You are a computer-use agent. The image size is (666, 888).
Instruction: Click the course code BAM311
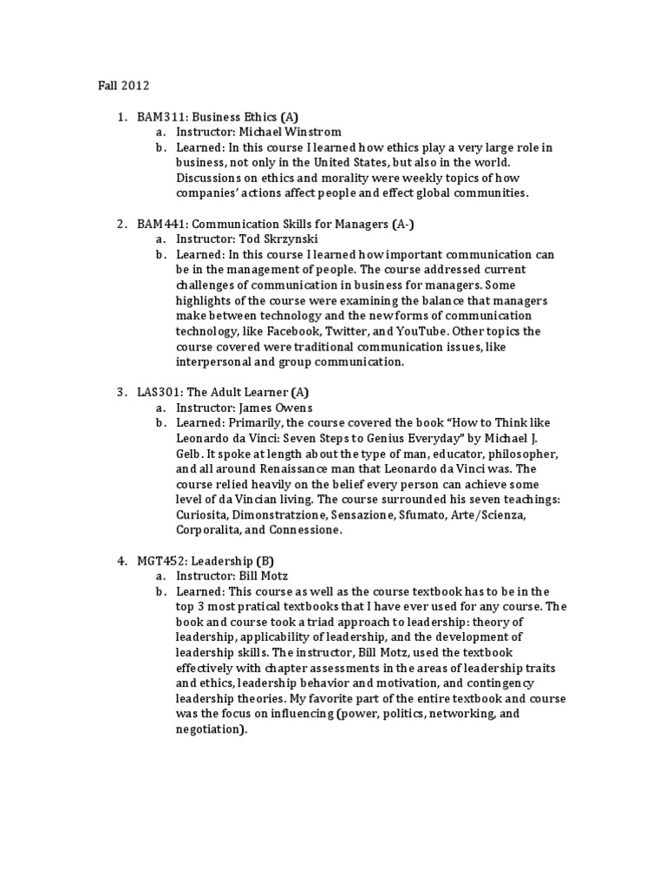click(x=157, y=116)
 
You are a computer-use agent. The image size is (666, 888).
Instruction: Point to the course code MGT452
click(x=159, y=560)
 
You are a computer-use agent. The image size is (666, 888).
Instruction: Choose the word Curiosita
click(x=204, y=515)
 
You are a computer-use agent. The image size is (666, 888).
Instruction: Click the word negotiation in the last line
click(x=208, y=730)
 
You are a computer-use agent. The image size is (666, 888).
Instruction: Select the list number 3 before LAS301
click(x=121, y=392)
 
